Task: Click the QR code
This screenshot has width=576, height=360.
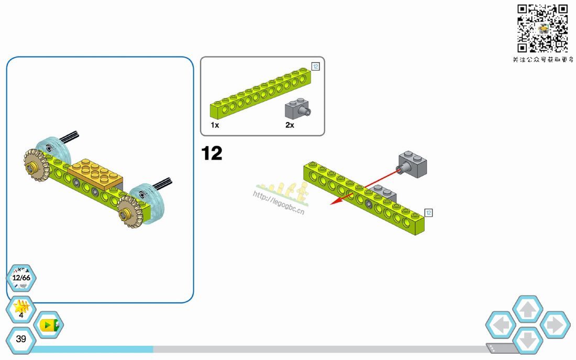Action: [x=542, y=28]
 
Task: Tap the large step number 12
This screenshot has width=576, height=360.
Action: [x=212, y=154]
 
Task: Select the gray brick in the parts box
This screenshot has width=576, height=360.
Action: [x=298, y=108]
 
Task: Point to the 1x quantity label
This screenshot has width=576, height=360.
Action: [x=215, y=125]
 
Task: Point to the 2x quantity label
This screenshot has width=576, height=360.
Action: [x=290, y=125]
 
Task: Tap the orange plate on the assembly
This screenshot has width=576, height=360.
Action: [x=96, y=174]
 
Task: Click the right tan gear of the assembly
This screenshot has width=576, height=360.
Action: [x=131, y=211]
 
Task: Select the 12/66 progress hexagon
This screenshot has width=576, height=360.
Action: [x=21, y=278]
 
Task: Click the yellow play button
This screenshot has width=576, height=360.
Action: [x=49, y=325]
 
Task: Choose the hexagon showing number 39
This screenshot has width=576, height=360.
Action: [x=21, y=339]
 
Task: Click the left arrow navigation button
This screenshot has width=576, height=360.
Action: [x=501, y=325]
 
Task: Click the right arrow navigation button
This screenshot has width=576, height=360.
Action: [x=555, y=325]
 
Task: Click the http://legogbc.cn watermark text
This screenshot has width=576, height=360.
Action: [x=279, y=202]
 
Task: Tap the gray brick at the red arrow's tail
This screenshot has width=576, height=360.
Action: [x=412, y=164]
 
